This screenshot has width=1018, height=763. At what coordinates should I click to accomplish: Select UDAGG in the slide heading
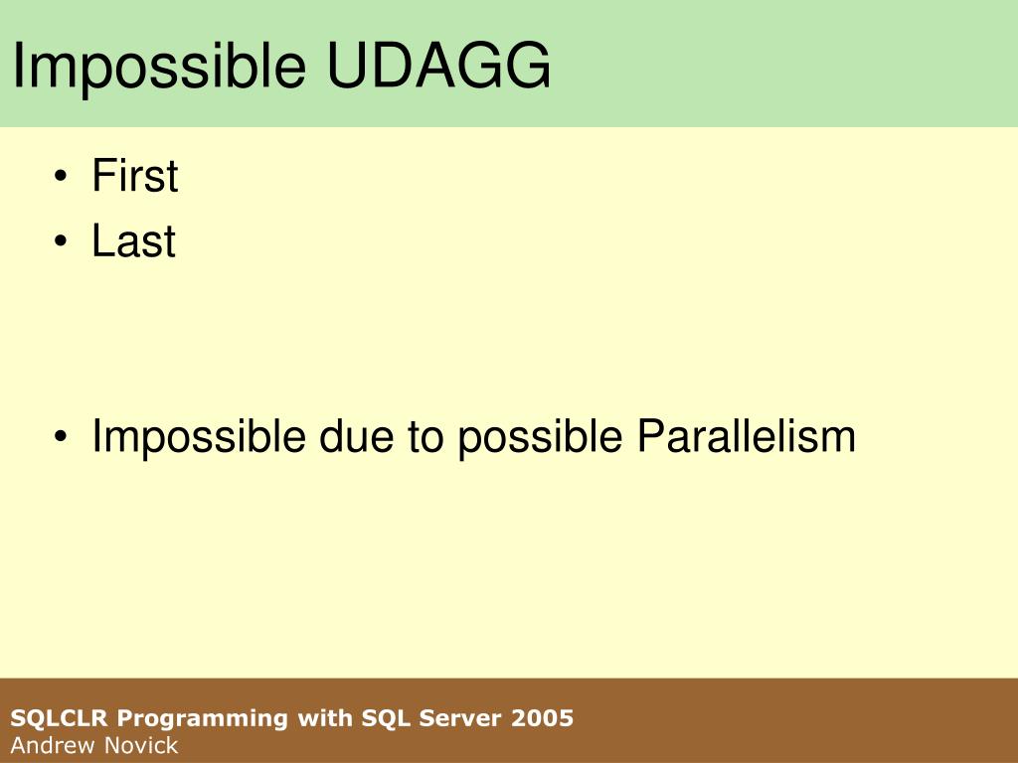coord(438,65)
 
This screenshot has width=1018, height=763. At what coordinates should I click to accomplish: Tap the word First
coord(135,175)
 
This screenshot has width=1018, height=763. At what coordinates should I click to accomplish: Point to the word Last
coord(134,240)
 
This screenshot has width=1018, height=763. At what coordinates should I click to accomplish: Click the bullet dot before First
coord(61,176)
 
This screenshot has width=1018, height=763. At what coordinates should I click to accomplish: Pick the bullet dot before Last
coord(61,241)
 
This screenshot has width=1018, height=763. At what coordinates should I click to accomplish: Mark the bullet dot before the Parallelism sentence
coord(61,436)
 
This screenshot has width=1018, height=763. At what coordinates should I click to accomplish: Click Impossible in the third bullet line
coord(199,438)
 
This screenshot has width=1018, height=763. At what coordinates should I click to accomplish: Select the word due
coord(357,436)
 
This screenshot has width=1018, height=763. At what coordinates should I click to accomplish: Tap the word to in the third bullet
coord(425,437)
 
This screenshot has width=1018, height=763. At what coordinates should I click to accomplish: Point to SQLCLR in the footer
coord(59,718)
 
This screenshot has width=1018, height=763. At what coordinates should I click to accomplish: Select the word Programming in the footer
coord(202,719)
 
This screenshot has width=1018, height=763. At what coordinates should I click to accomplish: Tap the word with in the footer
coord(325,717)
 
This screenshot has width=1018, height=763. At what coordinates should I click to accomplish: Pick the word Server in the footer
coord(459,718)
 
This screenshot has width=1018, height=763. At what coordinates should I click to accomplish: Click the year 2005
coord(542,718)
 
